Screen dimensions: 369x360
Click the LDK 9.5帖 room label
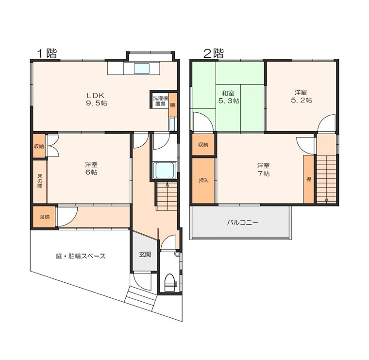pyautogui.click(x=96, y=99)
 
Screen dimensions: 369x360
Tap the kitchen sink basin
pyautogui.click(x=141, y=69)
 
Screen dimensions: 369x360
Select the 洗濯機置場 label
pyautogui.click(x=161, y=101)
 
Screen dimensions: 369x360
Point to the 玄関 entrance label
pyautogui.click(x=145, y=254)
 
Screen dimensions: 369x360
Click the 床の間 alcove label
pyautogui.click(x=40, y=181)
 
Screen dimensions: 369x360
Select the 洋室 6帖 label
pyautogui.click(x=91, y=169)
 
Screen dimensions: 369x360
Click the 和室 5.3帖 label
pyautogui.click(x=229, y=97)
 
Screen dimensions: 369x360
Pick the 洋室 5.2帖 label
pyautogui.click(x=302, y=96)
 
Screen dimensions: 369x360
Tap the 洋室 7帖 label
pyautogui.click(x=263, y=170)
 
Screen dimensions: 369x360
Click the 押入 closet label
pyautogui.click(x=203, y=181)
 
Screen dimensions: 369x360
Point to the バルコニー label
pyautogui.click(x=243, y=222)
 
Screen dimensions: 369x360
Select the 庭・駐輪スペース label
pyautogui.click(x=81, y=256)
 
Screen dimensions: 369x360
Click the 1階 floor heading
pyautogui.click(x=47, y=53)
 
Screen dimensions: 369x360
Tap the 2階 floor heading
pyautogui.click(x=214, y=53)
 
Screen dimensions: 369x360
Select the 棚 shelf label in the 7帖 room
pyautogui.click(x=309, y=179)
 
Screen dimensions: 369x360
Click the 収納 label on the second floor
pyautogui.click(x=203, y=145)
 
